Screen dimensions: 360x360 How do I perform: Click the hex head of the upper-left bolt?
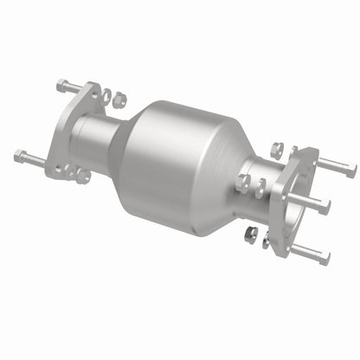pyautogui.click(x=61, y=85)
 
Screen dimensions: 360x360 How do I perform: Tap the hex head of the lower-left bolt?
pyautogui.click(x=19, y=157)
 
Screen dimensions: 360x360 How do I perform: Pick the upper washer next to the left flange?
pyautogui.click(x=106, y=97)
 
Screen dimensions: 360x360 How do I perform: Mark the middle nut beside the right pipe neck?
pyautogui.click(x=243, y=183)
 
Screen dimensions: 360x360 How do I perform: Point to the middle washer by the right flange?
pyautogui.click(x=260, y=188)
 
